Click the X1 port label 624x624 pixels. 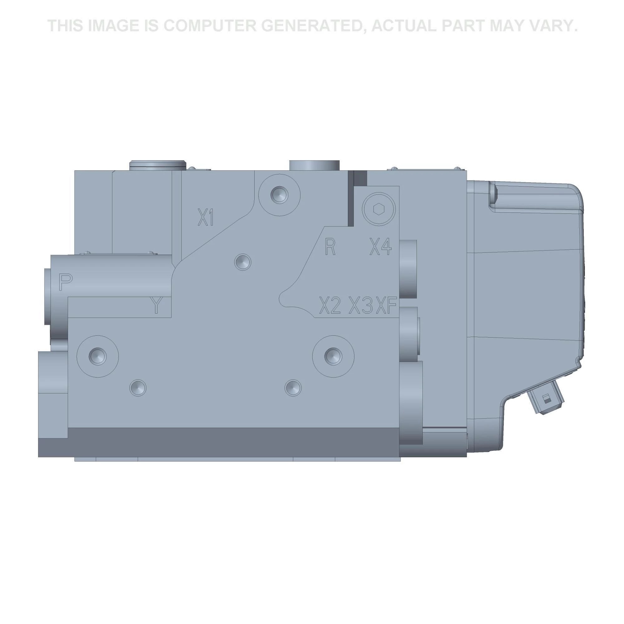(x=206, y=217)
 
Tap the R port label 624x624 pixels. (x=330, y=247)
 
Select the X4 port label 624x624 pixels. (x=380, y=247)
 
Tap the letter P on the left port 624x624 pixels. (x=66, y=282)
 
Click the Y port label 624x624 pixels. (x=156, y=305)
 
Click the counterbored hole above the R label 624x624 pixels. (x=279, y=195)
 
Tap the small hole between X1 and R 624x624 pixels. (x=243, y=262)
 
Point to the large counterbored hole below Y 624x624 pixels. (x=98, y=356)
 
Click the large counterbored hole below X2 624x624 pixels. (x=333, y=356)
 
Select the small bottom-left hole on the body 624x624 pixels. (x=138, y=388)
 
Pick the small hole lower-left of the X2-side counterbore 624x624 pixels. (x=293, y=387)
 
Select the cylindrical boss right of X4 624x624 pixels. (x=408, y=269)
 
